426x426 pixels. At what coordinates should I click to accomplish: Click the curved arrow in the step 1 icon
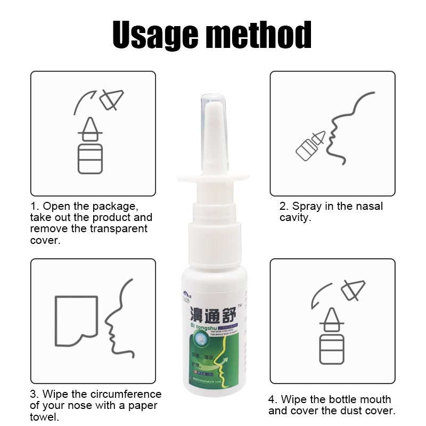click(x=84, y=100)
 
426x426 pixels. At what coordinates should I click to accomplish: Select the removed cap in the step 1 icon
click(x=112, y=99)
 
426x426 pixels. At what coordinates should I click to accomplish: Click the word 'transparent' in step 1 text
click(x=116, y=229)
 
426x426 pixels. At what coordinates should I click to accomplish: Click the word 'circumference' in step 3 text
click(x=127, y=395)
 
